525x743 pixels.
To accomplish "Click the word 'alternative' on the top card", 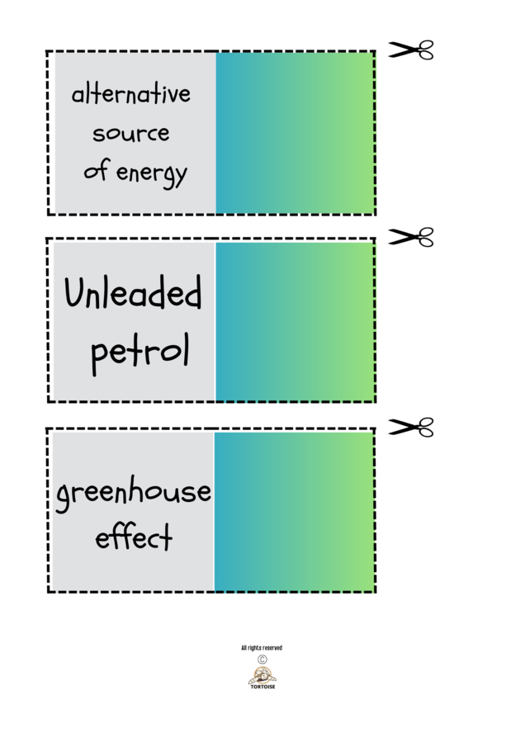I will [x=131, y=94].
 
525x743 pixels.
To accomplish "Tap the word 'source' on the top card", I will [x=131, y=133].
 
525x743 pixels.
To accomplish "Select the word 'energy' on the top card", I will [x=152, y=173].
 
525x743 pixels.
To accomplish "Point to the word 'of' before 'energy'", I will [x=97, y=171].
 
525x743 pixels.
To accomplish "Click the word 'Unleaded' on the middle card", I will [x=133, y=293].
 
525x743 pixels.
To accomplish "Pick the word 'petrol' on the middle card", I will [x=140, y=352].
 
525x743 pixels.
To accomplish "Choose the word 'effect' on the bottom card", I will [x=134, y=537].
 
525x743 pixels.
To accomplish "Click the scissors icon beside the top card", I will [x=411, y=50].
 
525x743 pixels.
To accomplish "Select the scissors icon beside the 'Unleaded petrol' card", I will [x=411, y=238].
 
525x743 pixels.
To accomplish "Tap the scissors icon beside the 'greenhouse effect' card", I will [x=411, y=427].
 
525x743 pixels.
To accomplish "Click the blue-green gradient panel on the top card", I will [x=295, y=133].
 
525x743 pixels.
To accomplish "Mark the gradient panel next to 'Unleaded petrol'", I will [x=295, y=321].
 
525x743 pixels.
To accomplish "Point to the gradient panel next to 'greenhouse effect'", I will [x=294, y=511].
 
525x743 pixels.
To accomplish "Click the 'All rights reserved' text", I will [x=262, y=648].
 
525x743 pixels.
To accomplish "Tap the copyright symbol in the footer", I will [x=262, y=660].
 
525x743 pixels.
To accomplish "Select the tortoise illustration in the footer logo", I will [x=262, y=674].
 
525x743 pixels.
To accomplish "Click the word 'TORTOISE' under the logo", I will [x=262, y=687].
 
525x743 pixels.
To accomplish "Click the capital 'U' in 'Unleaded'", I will [x=78, y=293].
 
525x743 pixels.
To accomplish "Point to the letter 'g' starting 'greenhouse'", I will [x=64, y=498].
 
